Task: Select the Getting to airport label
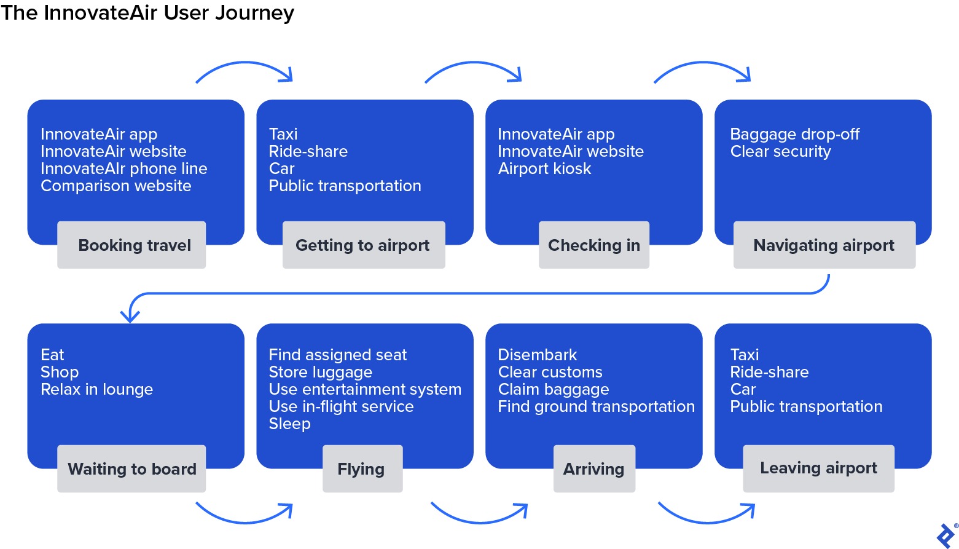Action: point(363,245)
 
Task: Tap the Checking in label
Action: point(593,245)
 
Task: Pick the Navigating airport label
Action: point(824,245)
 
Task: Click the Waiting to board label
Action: point(131,469)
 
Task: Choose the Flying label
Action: point(362,469)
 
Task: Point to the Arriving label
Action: point(593,469)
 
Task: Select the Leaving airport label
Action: point(818,468)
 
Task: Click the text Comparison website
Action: point(116,186)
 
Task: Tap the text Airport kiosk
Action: point(544,169)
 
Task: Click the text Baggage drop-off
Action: point(794,135)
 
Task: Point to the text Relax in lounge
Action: point(96,390)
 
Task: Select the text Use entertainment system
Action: point(365,390)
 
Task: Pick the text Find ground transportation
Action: point(596,407)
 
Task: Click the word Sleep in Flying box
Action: point(289,424)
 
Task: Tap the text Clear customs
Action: point(550,373)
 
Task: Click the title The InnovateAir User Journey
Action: point(147,13)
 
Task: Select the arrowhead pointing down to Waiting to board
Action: point(130,316)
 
